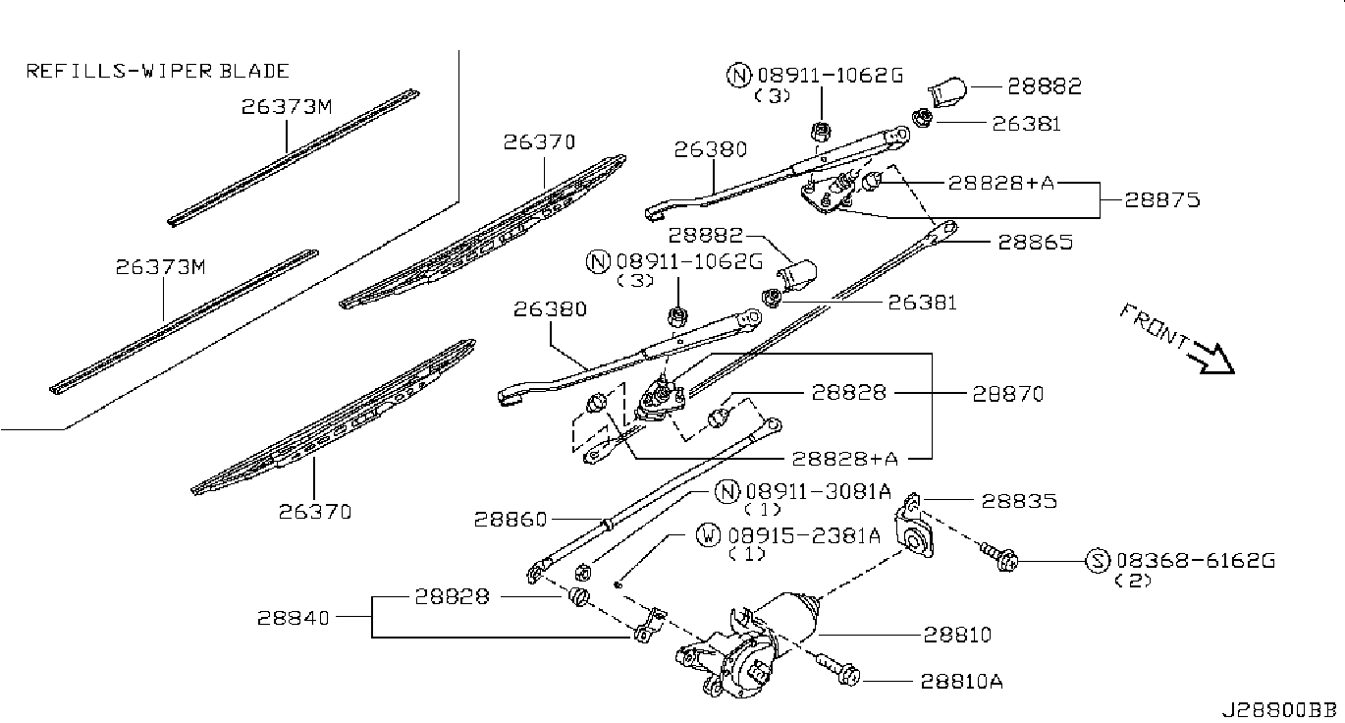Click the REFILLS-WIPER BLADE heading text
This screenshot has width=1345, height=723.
157,71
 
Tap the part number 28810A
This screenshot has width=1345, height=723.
961,681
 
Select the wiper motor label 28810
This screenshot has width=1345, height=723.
957,634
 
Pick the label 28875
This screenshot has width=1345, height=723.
1161,199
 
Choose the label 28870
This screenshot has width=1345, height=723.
1008,394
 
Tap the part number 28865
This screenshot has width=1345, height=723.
1035,242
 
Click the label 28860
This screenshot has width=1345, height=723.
511,519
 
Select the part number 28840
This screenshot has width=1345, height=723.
293,617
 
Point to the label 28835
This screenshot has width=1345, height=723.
1019,501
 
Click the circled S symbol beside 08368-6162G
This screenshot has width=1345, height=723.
1098,561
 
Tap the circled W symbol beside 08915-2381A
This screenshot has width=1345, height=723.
708,534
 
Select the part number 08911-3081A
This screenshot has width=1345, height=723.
819,491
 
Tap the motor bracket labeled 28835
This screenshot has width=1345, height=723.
914,530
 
